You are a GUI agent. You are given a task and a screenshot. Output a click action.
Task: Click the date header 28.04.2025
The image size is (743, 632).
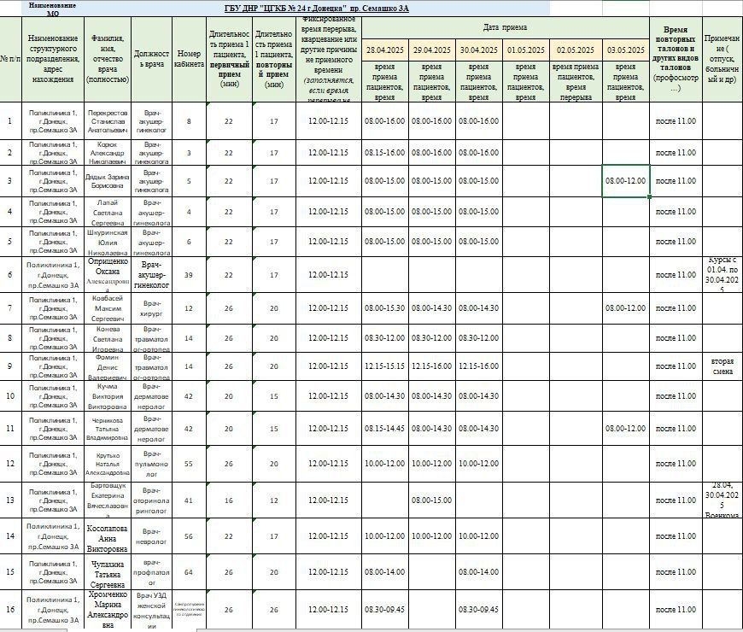click(x=385, y=50)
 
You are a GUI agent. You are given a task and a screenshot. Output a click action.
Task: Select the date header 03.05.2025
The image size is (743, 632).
click(x=626, y=50)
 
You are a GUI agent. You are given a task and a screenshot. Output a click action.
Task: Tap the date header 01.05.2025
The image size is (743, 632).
click(x=526, y=50)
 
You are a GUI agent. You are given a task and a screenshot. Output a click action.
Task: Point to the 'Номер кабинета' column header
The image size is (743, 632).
click(x=189, y=59)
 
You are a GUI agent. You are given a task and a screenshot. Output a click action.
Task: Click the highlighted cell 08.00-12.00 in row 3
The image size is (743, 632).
click(x=626, y=181)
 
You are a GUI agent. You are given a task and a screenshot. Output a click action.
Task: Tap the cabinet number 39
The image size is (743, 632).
click(x=189, y=275)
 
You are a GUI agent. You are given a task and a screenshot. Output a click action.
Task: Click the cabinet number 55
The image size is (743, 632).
click(x=189, y=464)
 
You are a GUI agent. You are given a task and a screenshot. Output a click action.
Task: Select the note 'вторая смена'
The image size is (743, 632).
click(x=723, y=366)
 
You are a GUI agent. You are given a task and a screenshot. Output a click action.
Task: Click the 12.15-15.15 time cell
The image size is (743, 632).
click(x=385, y=366)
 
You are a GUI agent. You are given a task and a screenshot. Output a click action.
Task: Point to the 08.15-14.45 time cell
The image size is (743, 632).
click(x=385, y=428)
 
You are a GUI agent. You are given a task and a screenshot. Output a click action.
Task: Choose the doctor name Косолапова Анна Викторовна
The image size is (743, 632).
click(x=108, y=536)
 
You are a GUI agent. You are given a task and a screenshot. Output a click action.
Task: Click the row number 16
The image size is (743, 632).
click(x=10, y=610)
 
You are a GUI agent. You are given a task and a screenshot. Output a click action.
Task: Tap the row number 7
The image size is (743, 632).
click(x=10, y=307)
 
